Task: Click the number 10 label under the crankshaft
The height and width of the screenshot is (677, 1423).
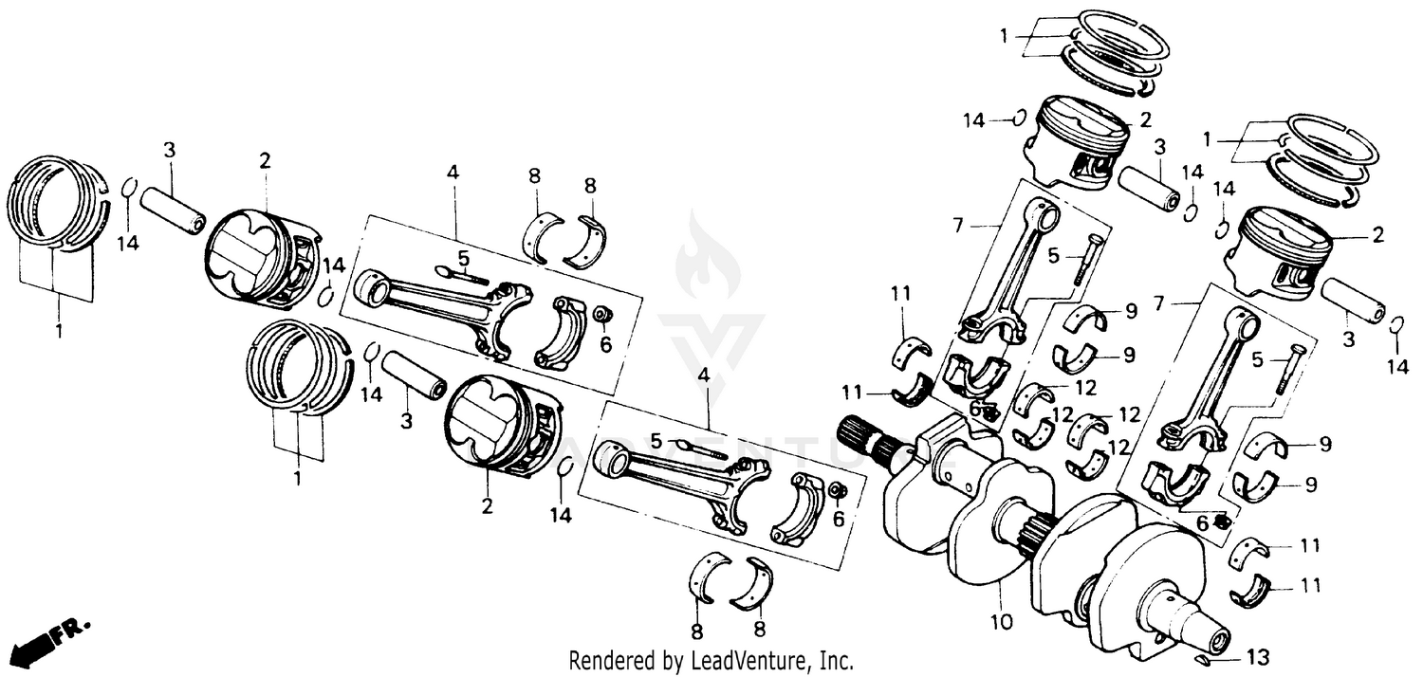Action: (1003, 622)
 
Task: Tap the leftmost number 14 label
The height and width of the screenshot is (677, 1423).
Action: (128, 244)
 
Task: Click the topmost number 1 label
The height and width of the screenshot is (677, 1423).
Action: (1004, 35)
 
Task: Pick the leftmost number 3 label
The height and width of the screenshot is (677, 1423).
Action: (169, 149)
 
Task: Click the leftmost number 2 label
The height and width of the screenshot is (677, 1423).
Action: (265, 160)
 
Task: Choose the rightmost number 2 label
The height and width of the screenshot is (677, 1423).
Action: (1377, 234)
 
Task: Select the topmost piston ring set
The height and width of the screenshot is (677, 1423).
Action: (1119, 52)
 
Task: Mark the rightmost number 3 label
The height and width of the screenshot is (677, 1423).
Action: (1347, 338)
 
